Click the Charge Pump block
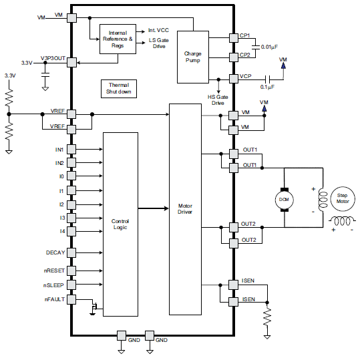[192, 57]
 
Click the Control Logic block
[120, 224]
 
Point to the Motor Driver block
[185, 209]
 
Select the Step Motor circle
[342, 198]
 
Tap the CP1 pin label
[244, 35]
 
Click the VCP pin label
[245, 77]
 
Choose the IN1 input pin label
[59, 149]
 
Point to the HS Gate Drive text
[218, 100]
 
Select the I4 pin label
[61, 231]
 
